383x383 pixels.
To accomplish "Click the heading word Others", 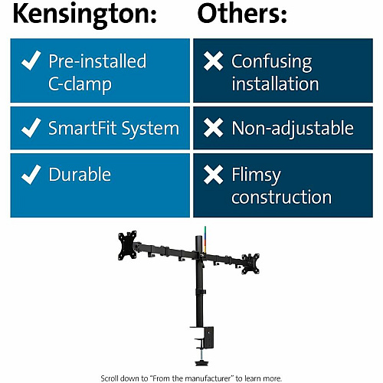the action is coord(239,13).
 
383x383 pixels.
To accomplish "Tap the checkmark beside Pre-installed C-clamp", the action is coord(31,61).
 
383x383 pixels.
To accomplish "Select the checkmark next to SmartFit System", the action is coord(31,128).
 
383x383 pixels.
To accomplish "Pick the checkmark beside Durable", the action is coord(31,175).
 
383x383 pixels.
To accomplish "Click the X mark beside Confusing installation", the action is coord(214,61).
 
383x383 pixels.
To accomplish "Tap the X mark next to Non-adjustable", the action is coord(214,128).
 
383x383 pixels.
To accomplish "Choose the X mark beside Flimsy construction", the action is coord(214,175).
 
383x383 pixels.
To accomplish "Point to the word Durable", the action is coord(80,175).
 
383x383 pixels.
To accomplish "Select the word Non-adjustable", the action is coord(293,129).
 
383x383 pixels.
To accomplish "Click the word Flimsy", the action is coord(256,176).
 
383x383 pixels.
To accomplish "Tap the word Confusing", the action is coord(272,63).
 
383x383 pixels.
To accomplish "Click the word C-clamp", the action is coord(80,85).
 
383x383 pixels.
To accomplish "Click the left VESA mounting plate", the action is coord(127,245).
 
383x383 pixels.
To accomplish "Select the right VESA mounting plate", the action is coord(250,264).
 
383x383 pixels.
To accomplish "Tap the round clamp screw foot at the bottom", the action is coord(201,362).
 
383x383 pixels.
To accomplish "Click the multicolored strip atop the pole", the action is coord(205,238).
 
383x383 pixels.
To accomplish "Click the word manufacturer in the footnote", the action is coord(205,378).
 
